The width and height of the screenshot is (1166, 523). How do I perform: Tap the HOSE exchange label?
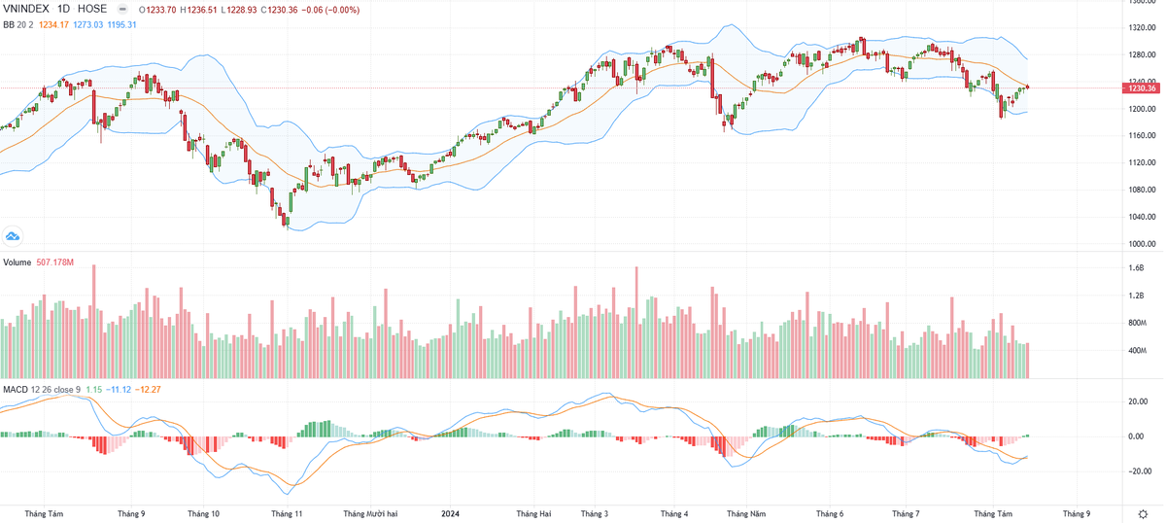[x=92, y=9]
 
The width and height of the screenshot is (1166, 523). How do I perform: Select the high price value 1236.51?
[x=212, y=10]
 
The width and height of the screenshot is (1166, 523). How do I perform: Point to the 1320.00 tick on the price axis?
[x=1141, y=27]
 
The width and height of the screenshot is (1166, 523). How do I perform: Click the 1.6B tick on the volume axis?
[x=1136, y=267]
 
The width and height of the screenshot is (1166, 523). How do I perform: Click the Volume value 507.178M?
[x=54, y=262]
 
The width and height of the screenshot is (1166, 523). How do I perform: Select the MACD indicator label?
[x=15, y=390]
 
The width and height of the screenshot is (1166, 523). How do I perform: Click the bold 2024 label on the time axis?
[x=451, y=512]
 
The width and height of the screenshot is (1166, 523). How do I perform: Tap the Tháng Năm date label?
[x=746, y=512]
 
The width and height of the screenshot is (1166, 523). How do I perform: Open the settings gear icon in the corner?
[x=1142, y=512]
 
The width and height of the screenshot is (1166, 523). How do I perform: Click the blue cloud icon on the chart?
[x=14, y=235]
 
